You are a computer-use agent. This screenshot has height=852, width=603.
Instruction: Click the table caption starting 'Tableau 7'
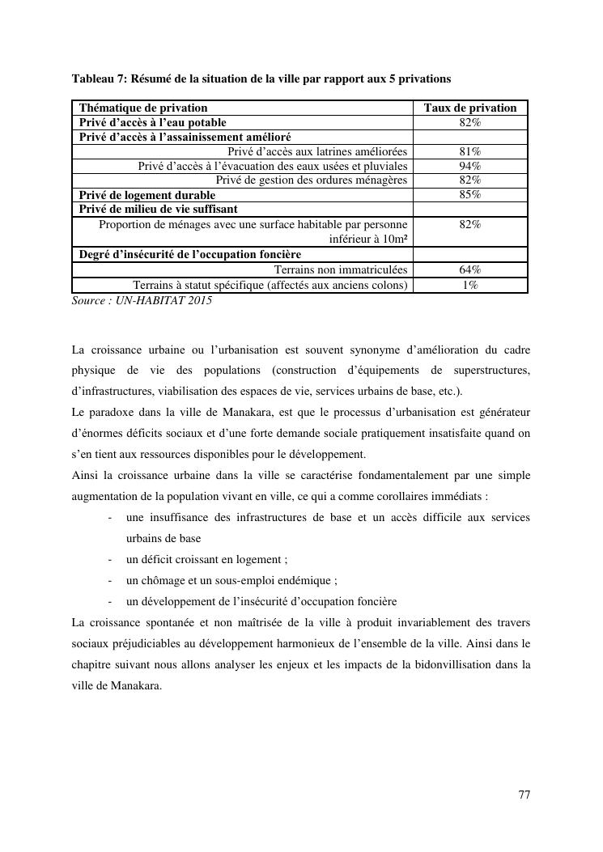[x=261, y=78]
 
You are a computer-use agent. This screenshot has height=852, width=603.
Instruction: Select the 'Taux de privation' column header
[x=469, y=108]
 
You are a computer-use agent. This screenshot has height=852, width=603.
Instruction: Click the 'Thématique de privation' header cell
[x=143, y=108]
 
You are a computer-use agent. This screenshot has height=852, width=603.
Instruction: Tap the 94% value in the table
[x=469, y=166]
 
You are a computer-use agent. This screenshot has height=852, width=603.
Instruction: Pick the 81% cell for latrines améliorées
[x=469, y=151]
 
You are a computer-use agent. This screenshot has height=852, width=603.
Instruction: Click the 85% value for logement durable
[x=469, y=195]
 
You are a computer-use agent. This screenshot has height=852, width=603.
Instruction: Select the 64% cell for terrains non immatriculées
[x=469, y=269]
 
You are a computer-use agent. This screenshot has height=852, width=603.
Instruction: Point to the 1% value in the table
[x=469, y=285]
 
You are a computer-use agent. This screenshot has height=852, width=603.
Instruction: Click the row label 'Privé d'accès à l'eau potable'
[x=152, y=122]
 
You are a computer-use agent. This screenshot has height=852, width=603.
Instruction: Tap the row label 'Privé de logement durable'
[x=147, y=195]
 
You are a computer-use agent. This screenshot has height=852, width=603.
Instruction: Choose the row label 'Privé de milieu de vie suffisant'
[x=158, y=210]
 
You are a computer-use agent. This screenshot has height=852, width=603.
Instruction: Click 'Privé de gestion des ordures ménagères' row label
[x=311, y=180]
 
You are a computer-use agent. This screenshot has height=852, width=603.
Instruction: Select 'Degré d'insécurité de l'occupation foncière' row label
[x=189, y=255]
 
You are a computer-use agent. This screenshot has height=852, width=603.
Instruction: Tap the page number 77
[x=524, y=795]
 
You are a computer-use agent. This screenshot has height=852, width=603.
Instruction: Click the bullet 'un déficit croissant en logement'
[x=206, y=559]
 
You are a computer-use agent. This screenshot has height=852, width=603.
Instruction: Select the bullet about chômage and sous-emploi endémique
[x=231, y=580]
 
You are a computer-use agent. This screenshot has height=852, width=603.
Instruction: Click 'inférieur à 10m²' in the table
[x=367, y=239]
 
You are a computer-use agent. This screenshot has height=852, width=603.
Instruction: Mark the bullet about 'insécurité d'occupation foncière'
[x=261, y=601]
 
